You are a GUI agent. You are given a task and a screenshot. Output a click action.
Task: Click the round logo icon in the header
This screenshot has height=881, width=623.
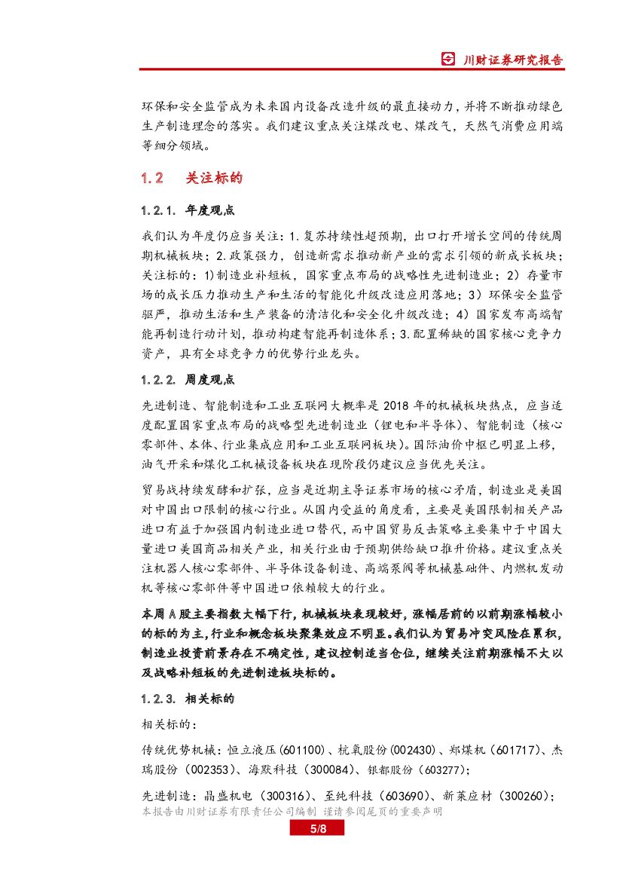pos(448,60)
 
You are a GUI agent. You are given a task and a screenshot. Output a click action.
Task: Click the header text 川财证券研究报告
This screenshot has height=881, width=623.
pos(512,60)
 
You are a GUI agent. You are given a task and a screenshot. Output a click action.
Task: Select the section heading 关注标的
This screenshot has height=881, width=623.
pos(214,179)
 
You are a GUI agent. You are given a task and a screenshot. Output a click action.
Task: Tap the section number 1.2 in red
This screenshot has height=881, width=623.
pos(152,179)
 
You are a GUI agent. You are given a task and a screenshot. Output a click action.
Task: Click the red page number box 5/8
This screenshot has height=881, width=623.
pos(317,829)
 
